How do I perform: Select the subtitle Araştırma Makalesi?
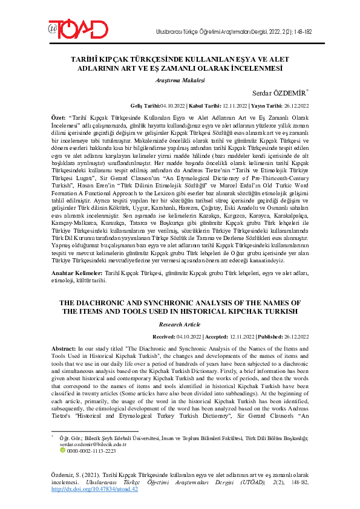coord(180,79)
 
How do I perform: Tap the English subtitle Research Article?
coord(180,323)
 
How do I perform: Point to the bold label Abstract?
coord(64,349)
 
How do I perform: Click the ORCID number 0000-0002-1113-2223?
coord(91,450)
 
